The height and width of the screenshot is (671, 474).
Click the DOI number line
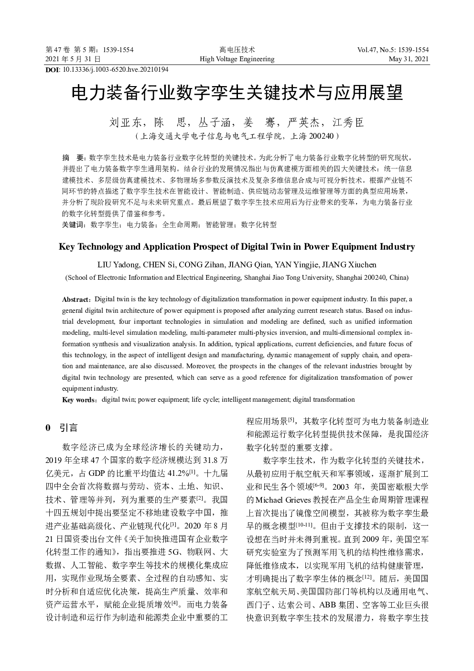107,70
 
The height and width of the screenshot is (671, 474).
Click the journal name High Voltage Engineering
237,59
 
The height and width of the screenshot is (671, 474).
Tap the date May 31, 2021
409,59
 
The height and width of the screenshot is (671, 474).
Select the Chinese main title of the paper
237,93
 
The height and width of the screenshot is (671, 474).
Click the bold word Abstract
75,300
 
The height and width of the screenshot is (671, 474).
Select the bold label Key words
78,400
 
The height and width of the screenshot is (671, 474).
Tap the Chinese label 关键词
74,225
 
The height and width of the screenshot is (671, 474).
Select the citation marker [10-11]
304,525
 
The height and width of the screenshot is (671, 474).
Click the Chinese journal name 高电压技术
237,50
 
